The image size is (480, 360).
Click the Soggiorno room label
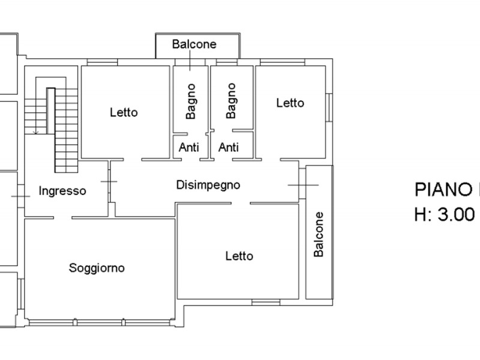pyautogui.click(x=97, y=268)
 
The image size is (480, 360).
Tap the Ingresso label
pyautogui.click(x=62, y=191)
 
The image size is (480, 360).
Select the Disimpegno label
pyautogui.click(x=208, y=185)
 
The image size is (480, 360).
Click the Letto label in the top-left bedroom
pyautogui.click(x=124, y=112)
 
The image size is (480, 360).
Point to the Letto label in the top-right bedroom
pyautogui.click(x=290, y=103)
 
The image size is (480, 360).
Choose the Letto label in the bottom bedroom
pyautogui.click(x=239, y=256)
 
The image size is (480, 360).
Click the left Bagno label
pyautogui.click(x=191, y=101)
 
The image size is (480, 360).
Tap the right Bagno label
pyautogui.click(x=231, y=101)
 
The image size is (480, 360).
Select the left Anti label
pyautogui.click(x=189, y=147)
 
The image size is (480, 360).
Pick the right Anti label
pyautogui.click(x=229, y=147)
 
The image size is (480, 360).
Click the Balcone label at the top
pyautogui.click(x=194, y=44)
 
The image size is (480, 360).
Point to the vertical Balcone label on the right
pyautogui.click(x=319, y=234)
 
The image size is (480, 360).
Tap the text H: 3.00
pyautogui.click(x=444, y=215)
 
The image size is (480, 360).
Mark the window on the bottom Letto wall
pyautogui.click(x=266, y=301)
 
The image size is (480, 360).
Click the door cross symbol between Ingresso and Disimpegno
pyautogui.click(x=109, y=181)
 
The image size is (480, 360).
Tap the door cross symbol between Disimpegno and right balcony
pyautogui.click(x=303, y=185)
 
